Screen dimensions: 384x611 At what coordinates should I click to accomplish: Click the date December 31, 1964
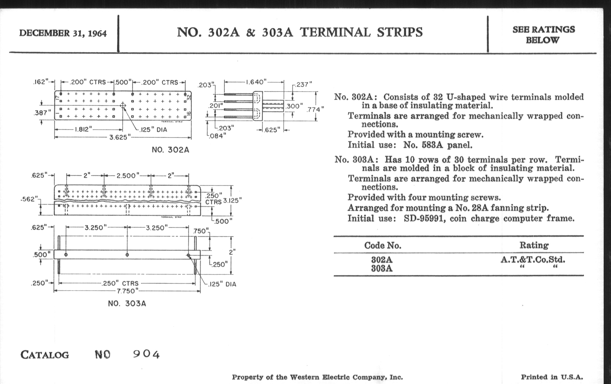63,33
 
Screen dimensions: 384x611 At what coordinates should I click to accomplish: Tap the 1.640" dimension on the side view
256,82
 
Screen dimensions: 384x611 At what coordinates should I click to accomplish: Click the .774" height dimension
315,109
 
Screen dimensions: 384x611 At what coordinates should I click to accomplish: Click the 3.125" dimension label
232,201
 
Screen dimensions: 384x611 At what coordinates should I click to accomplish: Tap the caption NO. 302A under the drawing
171,150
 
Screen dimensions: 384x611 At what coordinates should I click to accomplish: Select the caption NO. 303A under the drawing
127,303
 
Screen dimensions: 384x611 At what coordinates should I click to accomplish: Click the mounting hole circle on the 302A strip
123,105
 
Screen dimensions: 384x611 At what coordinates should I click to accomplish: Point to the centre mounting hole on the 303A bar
127,255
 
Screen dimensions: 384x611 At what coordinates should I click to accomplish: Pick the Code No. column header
383,245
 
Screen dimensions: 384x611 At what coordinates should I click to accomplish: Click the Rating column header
534,245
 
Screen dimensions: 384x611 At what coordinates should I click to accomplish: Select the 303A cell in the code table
382,268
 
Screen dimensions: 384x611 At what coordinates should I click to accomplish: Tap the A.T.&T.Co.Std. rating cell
533,260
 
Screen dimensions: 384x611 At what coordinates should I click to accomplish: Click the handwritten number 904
146,354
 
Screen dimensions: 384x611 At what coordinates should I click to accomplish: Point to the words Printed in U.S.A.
552,377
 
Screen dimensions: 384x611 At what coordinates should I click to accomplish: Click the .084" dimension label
217,136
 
